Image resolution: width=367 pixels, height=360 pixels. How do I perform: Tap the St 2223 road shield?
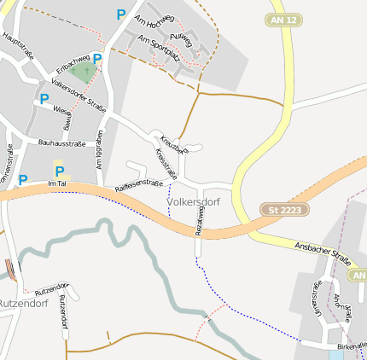click(284, 209)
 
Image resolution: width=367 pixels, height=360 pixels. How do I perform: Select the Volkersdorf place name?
click(194, 202)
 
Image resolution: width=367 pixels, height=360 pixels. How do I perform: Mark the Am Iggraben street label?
click(100, 147)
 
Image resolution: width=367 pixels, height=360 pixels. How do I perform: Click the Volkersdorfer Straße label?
click(79, 96)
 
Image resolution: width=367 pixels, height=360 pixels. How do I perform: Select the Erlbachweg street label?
click(73, 63)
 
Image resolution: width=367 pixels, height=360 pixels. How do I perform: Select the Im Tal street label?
click(57, 183)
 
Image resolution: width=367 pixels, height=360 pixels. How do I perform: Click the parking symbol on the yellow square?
click(60, 170)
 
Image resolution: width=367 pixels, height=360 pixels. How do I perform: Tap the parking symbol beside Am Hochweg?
click(120, 14)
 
